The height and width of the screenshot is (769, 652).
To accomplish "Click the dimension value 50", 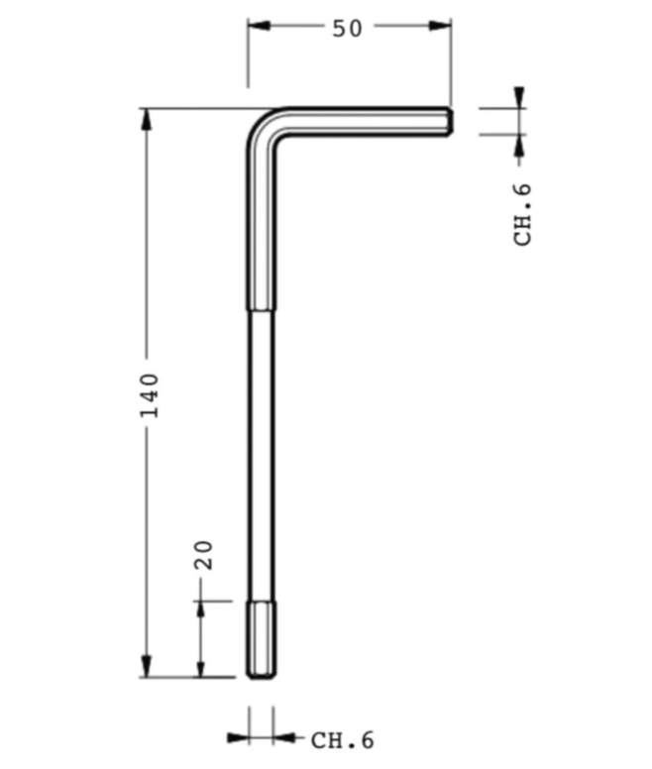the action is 347,28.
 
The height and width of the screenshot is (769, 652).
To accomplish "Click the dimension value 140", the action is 150,395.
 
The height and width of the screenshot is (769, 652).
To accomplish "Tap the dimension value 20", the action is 204,555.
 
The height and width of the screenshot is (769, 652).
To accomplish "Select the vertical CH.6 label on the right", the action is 522,214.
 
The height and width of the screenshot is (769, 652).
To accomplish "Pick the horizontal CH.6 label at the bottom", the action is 342,739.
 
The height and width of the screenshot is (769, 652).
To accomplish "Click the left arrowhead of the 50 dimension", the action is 259,26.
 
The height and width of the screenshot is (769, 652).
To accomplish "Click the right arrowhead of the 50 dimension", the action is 440,26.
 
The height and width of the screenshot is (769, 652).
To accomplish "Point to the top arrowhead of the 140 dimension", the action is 146,119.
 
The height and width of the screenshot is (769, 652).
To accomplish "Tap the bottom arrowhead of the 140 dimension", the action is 146,666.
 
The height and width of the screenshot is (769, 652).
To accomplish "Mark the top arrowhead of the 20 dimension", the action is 200,612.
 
